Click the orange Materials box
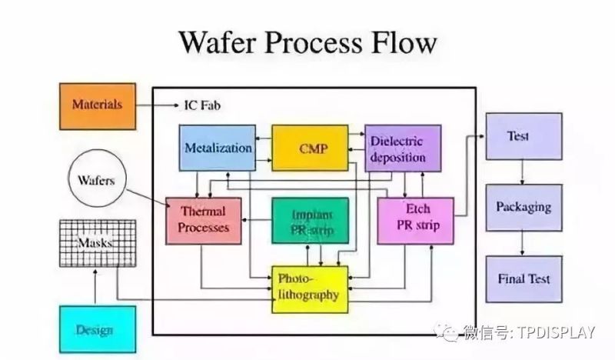[x=98, y=105]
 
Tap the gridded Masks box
[x=97, y=243]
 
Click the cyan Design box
[x=97, y=329]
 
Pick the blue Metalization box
[x=218, y=147]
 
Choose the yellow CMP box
[x=311, y=147]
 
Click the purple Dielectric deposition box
[x=402, y=148]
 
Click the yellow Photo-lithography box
[x=310, y=288]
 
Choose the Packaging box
[x=523, y=207]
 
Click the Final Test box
[x=523, y=278]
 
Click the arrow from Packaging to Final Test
[x=523, y=242]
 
